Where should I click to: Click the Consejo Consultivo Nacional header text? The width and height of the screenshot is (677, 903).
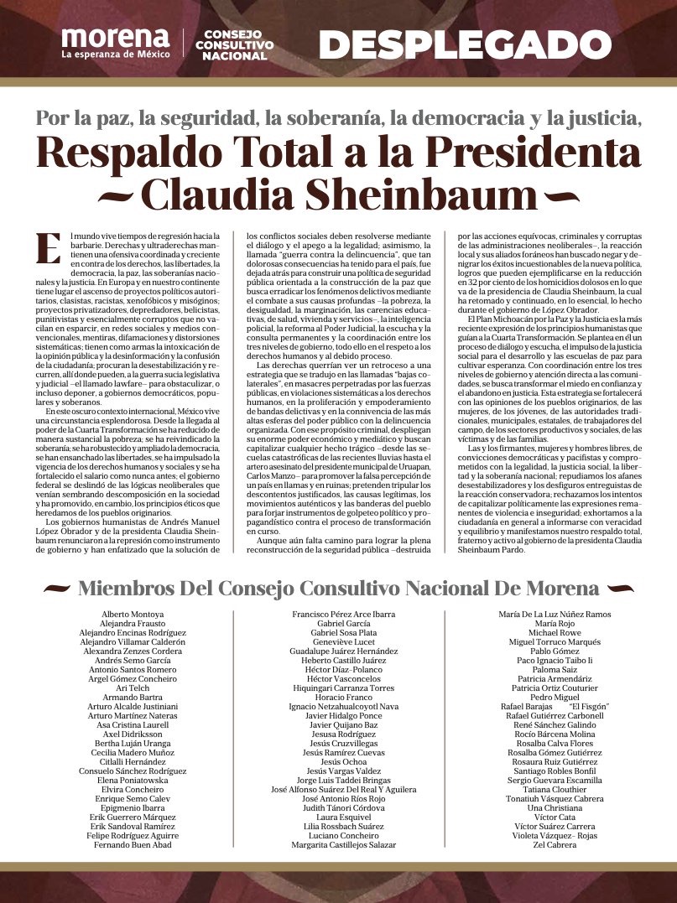(234, 44)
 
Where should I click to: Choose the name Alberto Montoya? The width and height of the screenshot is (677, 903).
(127, 615)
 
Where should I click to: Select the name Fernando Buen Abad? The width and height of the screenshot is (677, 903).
(127, 845)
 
